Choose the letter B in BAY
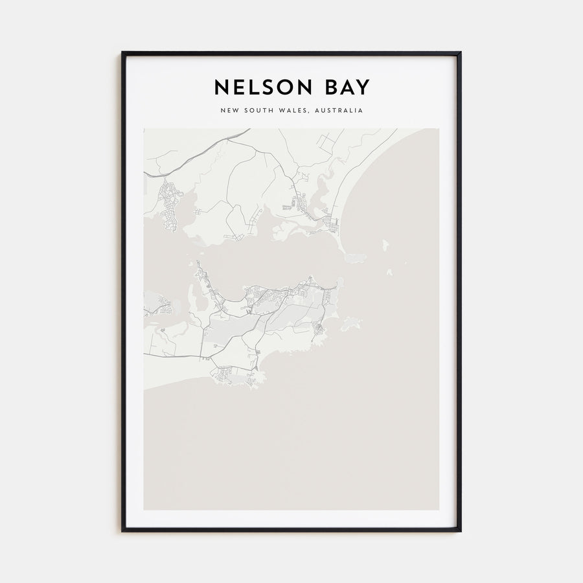click(328, 87)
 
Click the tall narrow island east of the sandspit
click(385, 246)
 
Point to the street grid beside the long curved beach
click(332, 225)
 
